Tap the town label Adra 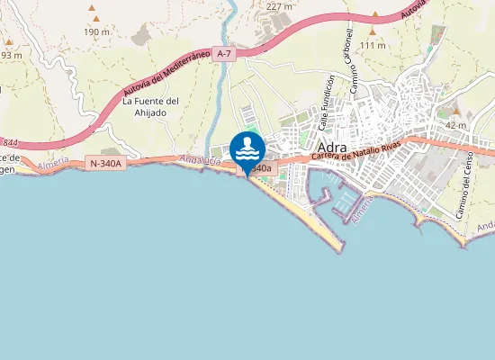click(334, 148)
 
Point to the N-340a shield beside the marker click(259, 168)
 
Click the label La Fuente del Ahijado click(151, 106)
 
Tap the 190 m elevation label click(96, 31)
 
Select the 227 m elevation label click(280, 6)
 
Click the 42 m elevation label click(455, 125)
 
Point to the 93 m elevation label click(10, 54)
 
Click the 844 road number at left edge click(9, 142)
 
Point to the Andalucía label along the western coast click(200, 161)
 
